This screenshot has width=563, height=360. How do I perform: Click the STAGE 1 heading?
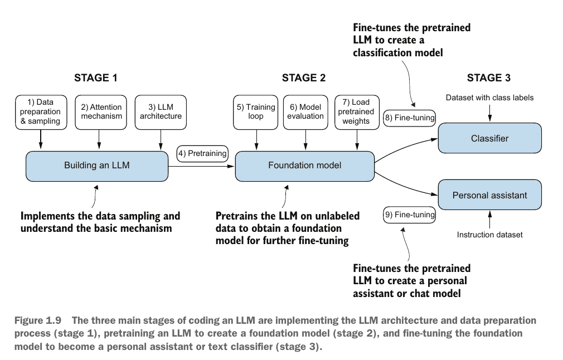coord(96,78)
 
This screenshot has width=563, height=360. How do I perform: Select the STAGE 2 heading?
coord(304,78)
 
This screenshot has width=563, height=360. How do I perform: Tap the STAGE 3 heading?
coord(488,78)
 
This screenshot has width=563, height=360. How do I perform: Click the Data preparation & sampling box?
coord(41,111)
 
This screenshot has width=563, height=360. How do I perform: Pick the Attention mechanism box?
coord(101,111)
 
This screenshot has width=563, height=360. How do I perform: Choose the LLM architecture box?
coord(161,111)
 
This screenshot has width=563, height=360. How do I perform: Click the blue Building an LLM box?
coord(97,165)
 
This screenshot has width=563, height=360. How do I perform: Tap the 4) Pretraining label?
coord(203,153)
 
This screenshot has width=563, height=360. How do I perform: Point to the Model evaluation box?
coord(306,111)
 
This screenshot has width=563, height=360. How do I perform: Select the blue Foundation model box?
coord(304,165)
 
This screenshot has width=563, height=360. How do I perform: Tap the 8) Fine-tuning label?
coord(409,118)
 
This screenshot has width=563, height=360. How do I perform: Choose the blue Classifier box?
coord(489,138)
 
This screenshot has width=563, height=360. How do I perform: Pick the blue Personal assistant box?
coord(489,195)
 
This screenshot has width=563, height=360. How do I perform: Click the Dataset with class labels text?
coord(489,98)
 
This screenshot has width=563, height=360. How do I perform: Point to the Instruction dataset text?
coord(489,235)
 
